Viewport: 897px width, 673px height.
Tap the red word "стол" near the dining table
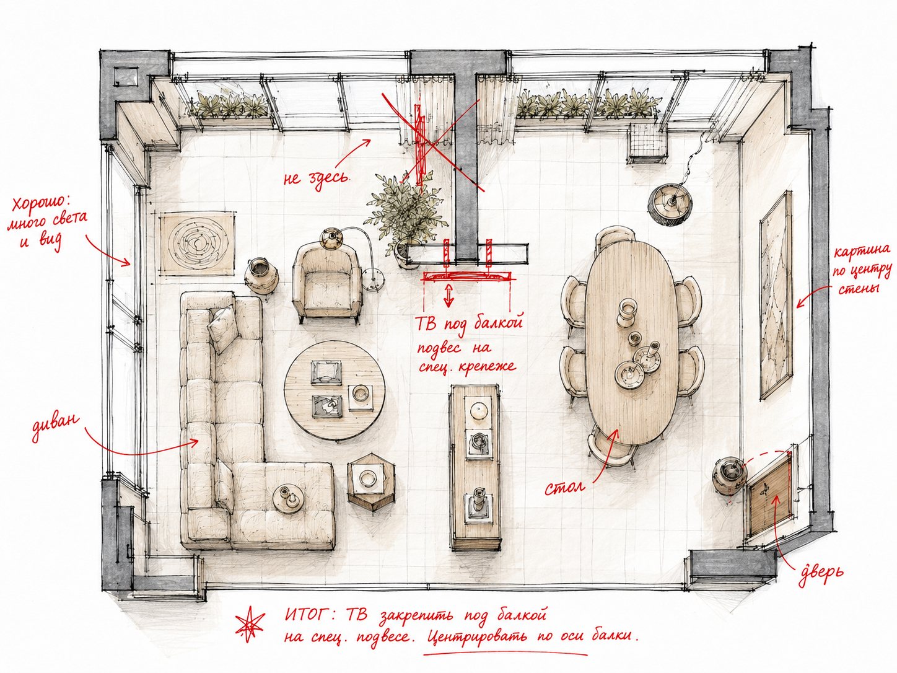[x=564, y=487]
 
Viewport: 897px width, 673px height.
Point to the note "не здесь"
[x=317, y=178]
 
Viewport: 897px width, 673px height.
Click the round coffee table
[x=335, y=390]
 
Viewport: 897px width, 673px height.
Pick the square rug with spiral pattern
[x=197, y=244]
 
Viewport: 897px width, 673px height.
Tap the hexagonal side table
[x=372, y=478]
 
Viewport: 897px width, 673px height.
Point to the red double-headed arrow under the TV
[x=448, y=296]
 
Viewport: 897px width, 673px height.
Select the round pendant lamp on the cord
[x=670, y=203]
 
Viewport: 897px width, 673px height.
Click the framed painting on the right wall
[x=776, y=295]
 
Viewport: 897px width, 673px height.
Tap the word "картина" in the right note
[x=861, y=251]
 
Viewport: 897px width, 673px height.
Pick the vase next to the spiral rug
[x=261, y=275]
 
